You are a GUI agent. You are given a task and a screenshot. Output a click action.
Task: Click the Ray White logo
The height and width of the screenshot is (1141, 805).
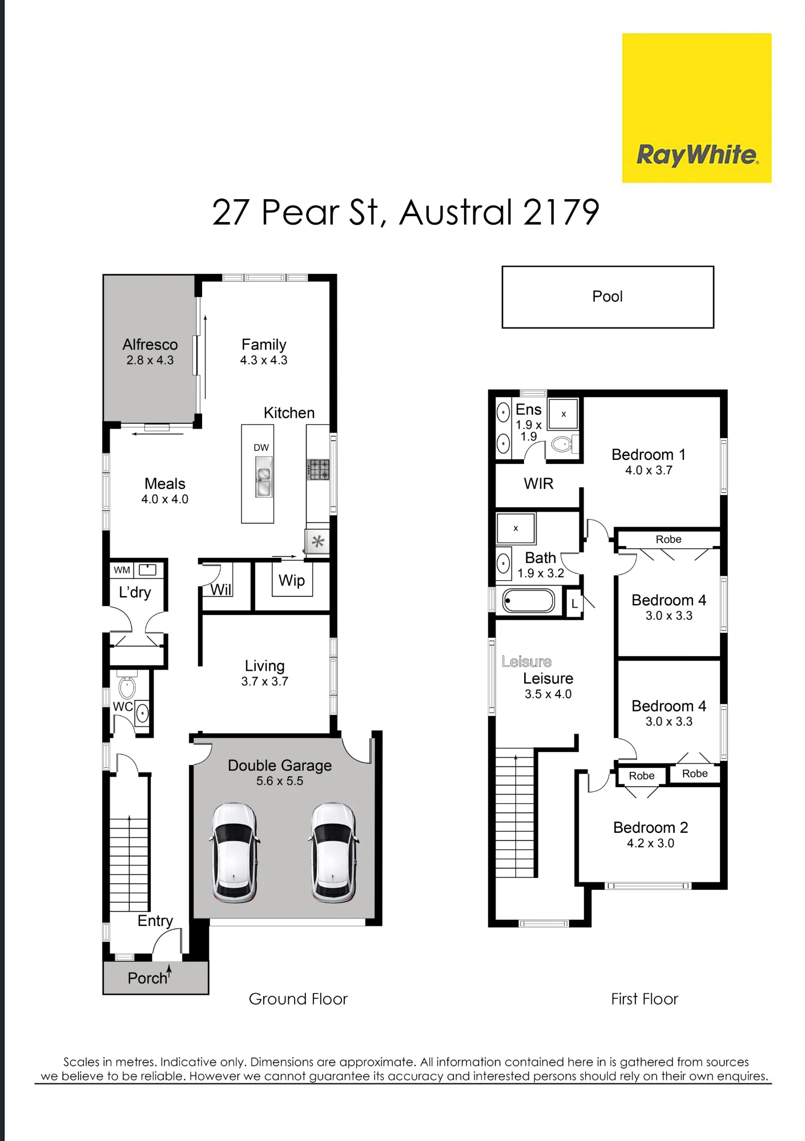pyautogui.click(x=697, y=108)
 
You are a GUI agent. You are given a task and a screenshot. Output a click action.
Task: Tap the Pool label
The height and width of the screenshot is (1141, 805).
pyautogui.click(x=607, y=297)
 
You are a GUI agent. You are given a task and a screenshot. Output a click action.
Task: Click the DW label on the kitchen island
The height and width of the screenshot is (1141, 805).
pyautogui.click(x=261, y=448)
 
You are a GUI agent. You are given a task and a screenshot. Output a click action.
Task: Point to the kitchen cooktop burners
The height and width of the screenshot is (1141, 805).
pyautogui.click(x=319, y=470)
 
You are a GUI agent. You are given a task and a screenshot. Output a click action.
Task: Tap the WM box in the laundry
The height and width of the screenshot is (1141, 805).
pyautogui.click(x=122, y=570)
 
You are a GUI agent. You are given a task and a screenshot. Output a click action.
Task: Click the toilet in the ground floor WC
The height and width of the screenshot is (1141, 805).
pyautogui.click(x=127, y=686)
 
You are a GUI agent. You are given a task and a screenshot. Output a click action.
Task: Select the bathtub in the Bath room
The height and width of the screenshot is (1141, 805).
pyautogui.click(x=528, y=601)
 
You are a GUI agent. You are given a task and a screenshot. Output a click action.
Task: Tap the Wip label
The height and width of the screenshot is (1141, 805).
pyautogui.click(x=292, y=581)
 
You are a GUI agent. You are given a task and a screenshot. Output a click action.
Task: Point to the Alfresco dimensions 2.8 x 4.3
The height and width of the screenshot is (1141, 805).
pyautogui.click(x=150, y=361)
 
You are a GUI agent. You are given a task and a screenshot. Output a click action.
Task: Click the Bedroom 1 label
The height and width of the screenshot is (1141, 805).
pyautogui.click(x=649, y=455)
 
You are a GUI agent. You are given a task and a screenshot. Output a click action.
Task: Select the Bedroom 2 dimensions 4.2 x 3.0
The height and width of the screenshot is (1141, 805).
pyautogui.click(x=651, y=843)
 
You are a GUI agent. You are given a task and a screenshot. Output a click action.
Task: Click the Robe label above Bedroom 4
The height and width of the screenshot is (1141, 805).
pyautogui.click(x=669, y=540)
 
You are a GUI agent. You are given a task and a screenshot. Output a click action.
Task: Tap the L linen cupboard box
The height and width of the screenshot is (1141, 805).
pyautogui.click(x=574, y=604)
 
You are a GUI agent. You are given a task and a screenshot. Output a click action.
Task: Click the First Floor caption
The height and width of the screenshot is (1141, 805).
pyautogui.click(x=645, y=999)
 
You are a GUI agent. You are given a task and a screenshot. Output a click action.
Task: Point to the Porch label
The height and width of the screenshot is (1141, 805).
pyautogui.click(x=148, y=978)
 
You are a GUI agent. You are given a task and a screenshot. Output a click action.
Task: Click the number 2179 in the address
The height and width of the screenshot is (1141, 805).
pyautogui.click(x=561, y=212)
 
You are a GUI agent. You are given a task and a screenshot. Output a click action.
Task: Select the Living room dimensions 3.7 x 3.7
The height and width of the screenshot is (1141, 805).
pyautogui.click(x=265, y=682)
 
